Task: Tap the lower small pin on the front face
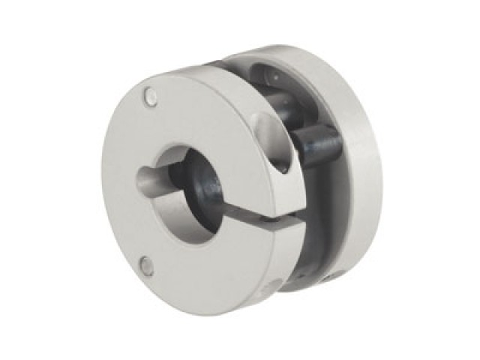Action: (x=148, y=265)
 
